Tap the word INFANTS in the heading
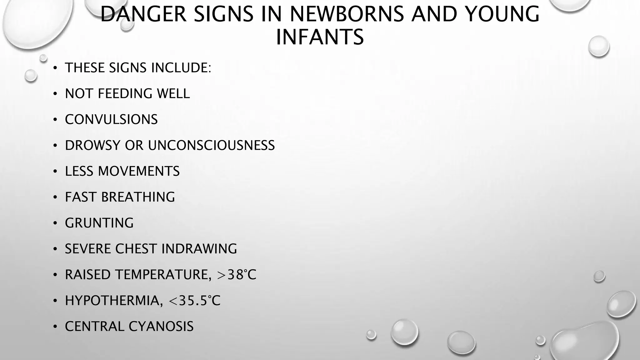pyautogui.click(x=320, y=37)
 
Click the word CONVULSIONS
pyautogui.click(x=111, y=120)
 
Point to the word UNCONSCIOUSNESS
pyautogui.click(x=211, y=146)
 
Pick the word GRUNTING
pyautogui.click(x=99, y=223)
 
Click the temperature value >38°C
pyautogui.click(x=237, y=275)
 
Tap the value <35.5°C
pyautogui.click(x=195, y=301)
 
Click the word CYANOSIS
pyautogui.click(x=161, y=327)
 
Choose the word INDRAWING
pyautogui.click(x=199, y=249)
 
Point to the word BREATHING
pyautogui.click(x=138, y=197)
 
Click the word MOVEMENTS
pyautogui.click(x=139, y=172)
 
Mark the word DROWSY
pyautogui.click(x=92, y=146)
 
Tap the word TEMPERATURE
pyautogui.click(x=161, y=275)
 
